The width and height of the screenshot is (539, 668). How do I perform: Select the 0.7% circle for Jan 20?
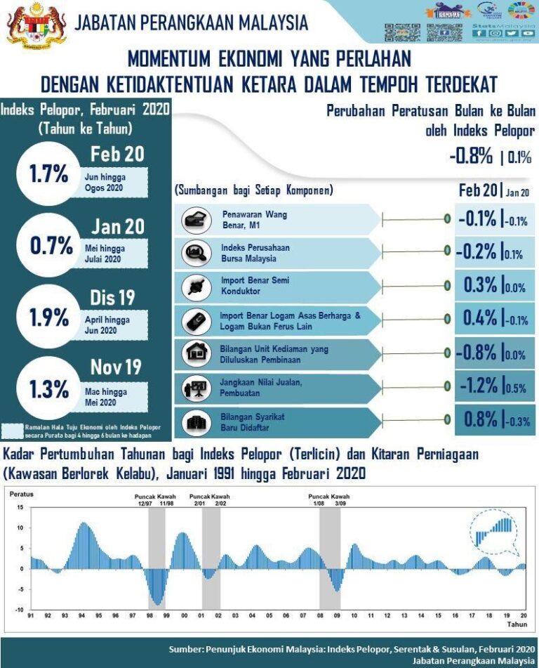[51, 245]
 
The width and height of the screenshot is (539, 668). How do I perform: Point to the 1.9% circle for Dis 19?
[49, 317]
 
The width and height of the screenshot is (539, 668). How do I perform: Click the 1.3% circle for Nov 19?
[49, 388]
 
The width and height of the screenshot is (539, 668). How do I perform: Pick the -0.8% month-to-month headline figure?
[471, 156]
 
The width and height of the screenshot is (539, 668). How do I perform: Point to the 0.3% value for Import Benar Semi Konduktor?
[480, 285]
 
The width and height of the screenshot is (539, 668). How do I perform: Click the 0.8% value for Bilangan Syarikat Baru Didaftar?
[480, 419]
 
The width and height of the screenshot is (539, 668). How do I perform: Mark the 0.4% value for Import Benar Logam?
[480, 318]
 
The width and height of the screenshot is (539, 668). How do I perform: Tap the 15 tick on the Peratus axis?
[20, 507]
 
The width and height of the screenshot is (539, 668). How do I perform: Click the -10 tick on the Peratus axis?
[19, 610]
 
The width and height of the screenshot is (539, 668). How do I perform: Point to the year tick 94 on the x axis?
[81, 616]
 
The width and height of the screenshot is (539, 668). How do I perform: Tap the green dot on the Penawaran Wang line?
[446, 219]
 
